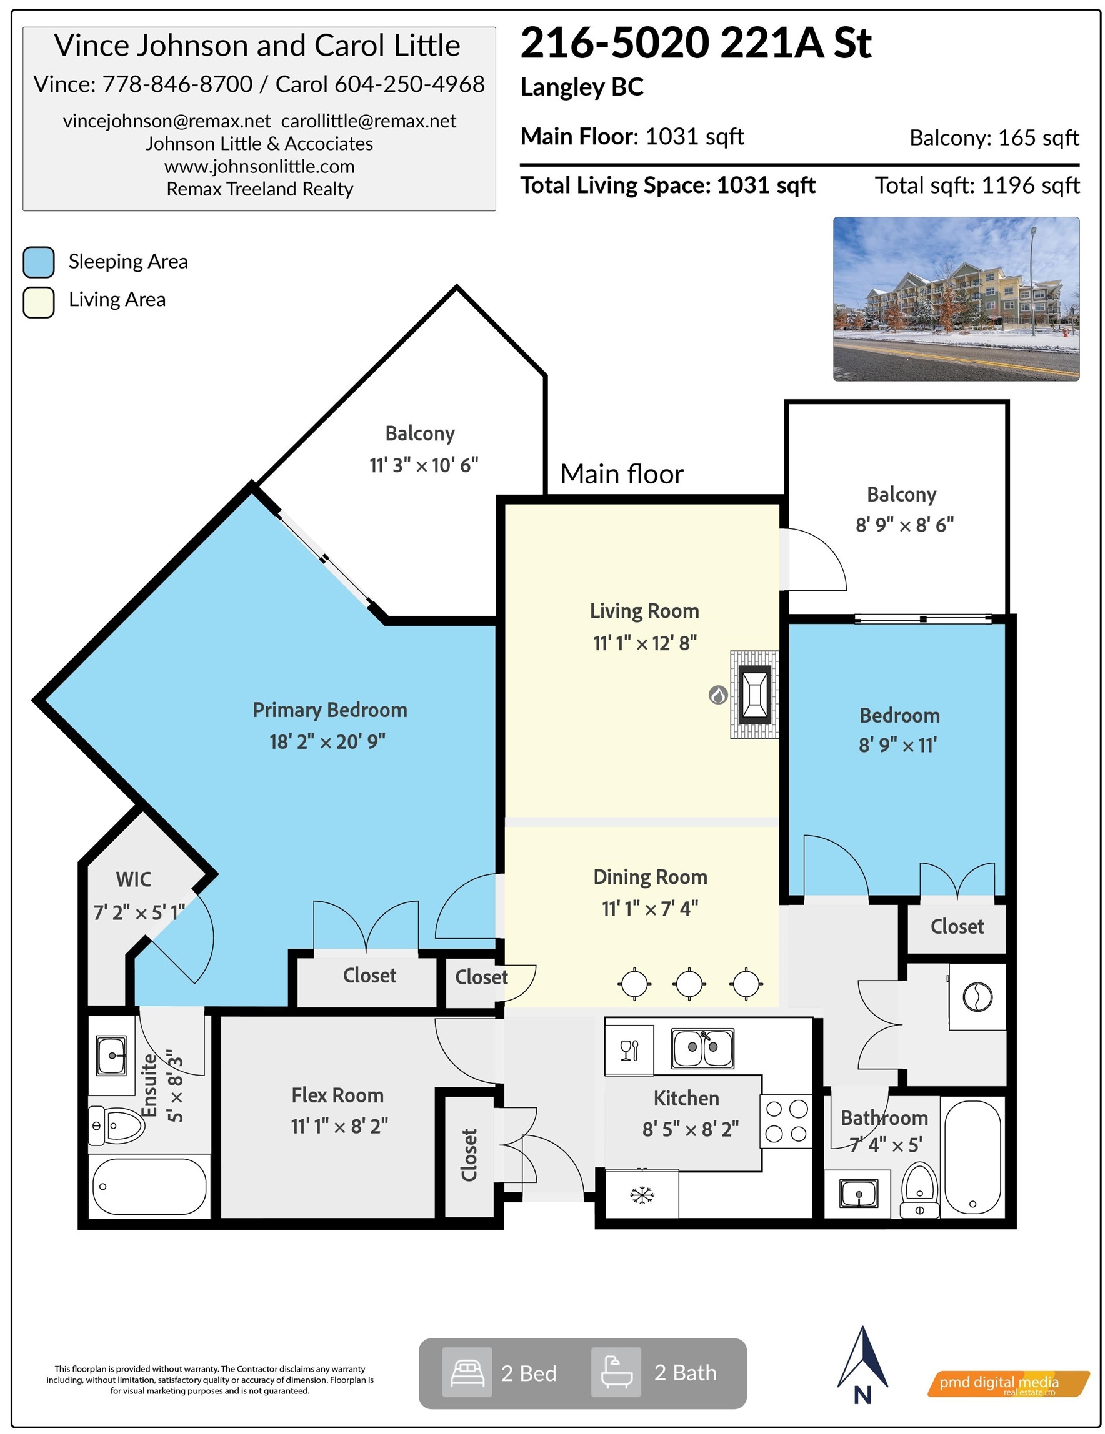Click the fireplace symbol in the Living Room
click(754, 695)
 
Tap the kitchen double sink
click(702, 1048)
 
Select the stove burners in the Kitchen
click(786, 1121)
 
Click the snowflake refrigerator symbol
click(641, 1194)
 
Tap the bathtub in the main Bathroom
click(972, 1157)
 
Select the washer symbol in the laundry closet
click(977, 997)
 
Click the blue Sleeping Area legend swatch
click(39, 262)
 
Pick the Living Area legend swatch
click(39, 302)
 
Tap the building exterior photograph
click(956, 299)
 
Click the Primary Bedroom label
click(330, 710)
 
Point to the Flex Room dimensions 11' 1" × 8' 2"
click(339, 1127)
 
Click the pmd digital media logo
click(1008, 1383)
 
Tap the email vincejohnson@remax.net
click(167, 121)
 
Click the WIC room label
click(133, 880)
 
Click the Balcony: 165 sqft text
click(994, 138)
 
